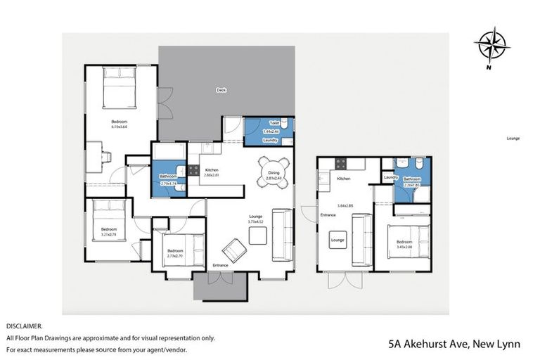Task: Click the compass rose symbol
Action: click(491, 45)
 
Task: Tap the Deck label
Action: click(220, 90)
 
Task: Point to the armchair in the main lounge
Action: click(235, 250)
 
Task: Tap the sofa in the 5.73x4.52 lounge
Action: click(283, 235)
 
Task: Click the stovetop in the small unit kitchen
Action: click(340, 164)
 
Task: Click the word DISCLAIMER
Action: click(25, 326)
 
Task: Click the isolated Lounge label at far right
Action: click(513, 139)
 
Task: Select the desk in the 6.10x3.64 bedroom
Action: click(94, 156)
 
